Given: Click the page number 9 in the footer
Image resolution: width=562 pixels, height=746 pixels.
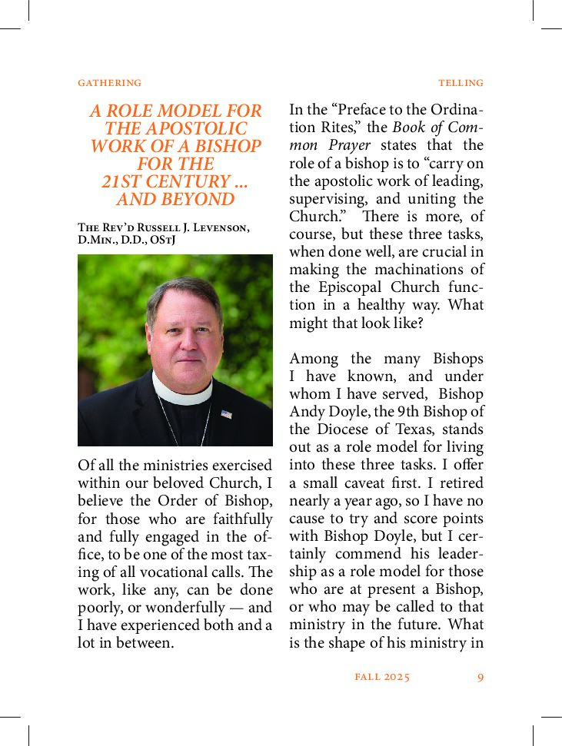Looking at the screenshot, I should tap(480, 677).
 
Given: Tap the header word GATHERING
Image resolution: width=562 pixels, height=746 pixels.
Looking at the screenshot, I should tap(110, 83).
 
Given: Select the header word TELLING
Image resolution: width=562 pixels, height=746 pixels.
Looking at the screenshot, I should tap(461, 83).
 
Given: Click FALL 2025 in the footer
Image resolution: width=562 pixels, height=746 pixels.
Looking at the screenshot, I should tap(382, 677).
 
